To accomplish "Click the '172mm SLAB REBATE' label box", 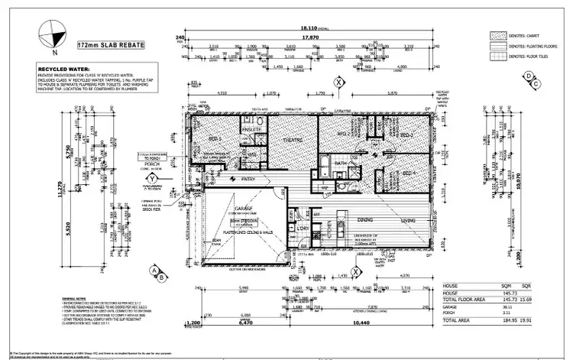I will click(x=112, y=46).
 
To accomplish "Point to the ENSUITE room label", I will click(x=251, y=130).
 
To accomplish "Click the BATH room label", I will click(x=340, y=163).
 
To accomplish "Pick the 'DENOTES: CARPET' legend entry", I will click(x=527, y=35).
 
